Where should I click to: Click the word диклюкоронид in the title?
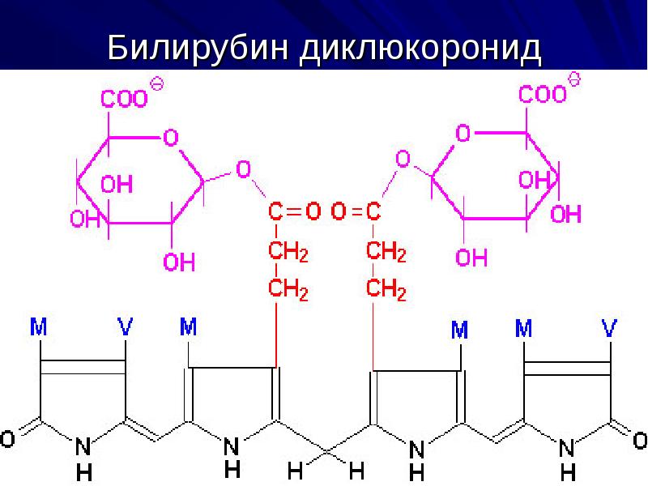click(420, 49)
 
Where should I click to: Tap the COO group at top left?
click(125, 99)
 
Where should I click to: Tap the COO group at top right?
click(542, 94)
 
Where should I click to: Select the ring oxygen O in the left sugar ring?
click(171, 137)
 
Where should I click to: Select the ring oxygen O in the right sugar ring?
click(463, 133)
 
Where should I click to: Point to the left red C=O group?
click(294, 211)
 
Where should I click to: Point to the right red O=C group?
click(356, 211)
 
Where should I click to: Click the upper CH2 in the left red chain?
click(288, 251)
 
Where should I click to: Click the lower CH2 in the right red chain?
click(386, 289)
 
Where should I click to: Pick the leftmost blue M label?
click(39, 327)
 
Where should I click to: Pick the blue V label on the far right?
click(609, 328)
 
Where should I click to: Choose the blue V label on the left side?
click(126, 327)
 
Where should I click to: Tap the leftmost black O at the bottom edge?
click(7, 439)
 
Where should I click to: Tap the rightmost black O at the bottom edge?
click(640, 440)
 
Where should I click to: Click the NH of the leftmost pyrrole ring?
click(83, 458)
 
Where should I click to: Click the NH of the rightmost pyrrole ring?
click(568, 459)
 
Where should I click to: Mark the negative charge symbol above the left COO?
click(156, 84)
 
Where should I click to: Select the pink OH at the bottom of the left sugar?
click(179, 262)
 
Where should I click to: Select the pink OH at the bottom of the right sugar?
click(471, 258)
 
